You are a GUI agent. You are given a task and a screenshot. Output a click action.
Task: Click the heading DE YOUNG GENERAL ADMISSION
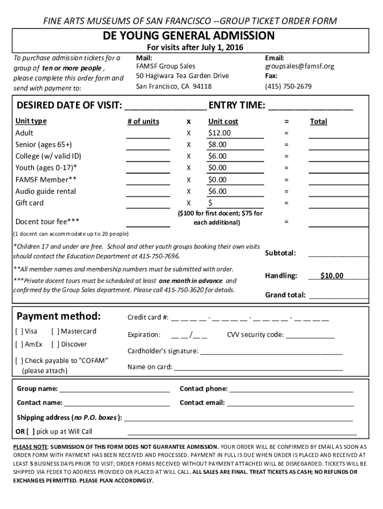coord(189,36)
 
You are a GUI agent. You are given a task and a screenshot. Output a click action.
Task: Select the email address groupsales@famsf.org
coord(299,66)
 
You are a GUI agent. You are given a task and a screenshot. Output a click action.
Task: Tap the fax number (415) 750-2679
coord(288,86)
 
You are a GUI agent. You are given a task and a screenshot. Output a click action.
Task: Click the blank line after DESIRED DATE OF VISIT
coord(165,106)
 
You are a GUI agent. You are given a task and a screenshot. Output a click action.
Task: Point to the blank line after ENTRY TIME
coord(310,106)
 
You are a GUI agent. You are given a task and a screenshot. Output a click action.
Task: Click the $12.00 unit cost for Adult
coord(220,133)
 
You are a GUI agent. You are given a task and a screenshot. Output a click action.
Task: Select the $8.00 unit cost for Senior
coord(218,145)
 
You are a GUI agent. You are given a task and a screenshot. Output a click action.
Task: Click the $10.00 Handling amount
coord(331,276)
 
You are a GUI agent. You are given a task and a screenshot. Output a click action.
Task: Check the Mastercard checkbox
coord(56,332)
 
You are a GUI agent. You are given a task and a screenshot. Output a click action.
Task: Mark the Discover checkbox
coord(56,344)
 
